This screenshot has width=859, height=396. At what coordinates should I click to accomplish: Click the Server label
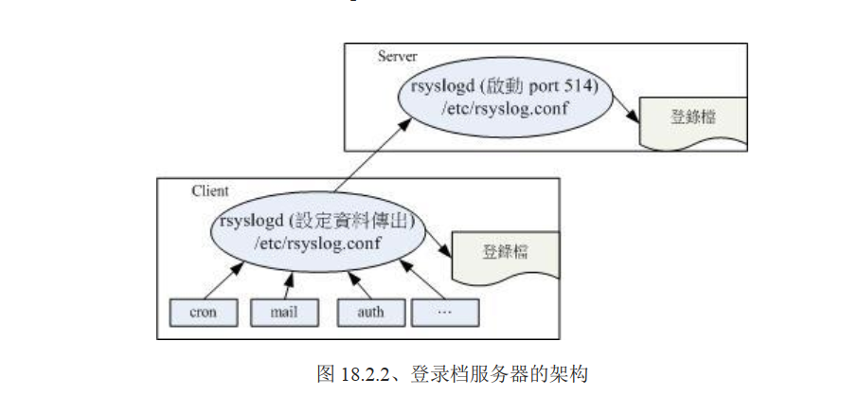click(398, 56)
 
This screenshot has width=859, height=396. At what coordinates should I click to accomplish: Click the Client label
click(209, 190)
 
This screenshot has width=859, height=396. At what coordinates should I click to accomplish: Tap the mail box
click(282, 311)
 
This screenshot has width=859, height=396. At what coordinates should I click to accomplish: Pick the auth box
click(371, 311)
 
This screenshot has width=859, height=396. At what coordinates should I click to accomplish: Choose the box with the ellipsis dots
click(445, 311)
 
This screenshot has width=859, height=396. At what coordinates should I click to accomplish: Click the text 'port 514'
click(560, 88)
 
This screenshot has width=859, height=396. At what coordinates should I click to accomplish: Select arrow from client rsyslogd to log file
click(436, 244)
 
